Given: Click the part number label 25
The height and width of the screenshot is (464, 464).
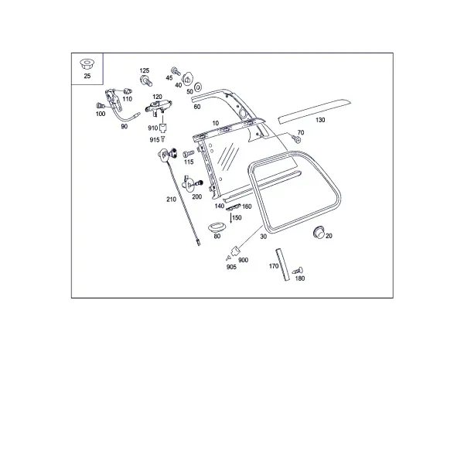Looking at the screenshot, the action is pyautogui.click(x=87, y=76).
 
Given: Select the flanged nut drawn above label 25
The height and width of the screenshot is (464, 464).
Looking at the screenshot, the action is pyautogui.click(x=87, y=63).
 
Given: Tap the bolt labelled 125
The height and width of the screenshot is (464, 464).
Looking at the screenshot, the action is pyautogui.click(x=146, y=80).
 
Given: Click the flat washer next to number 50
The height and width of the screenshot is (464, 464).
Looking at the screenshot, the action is pyautogui.click(x=198, y=87).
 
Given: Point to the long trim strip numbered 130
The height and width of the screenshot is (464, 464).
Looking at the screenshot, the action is pyautogui.click(x=314, y=111).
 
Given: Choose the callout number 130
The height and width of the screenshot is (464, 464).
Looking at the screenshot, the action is pyautogui.click(x=320, y=120).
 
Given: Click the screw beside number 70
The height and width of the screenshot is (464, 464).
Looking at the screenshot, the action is pyautogui.click(x=296, y=138).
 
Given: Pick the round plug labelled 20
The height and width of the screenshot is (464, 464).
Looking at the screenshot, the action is pyautogui.click(x=319, y=232).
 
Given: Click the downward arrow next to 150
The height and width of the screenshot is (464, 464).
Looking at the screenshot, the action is pyautogui.click(x=230, y=218).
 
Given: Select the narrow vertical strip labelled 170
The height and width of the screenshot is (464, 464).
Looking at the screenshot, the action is pyautogui.click(x=282, y=264).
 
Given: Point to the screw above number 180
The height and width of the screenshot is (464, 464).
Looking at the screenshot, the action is pyautogui.click(x=298, y=271).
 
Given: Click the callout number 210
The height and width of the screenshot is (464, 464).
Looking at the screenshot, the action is pyautogui.click(x=171, y=200).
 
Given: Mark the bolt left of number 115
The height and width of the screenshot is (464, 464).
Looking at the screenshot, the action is pyautogui.click(x=188, y=153).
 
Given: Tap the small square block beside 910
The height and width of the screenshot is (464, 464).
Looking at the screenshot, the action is pyautogui.click(x=163, y=128).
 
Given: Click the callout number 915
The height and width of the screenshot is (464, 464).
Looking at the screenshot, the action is pyautogui.click(x=155, y=140).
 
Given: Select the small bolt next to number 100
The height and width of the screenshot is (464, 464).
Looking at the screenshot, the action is pyautogui.click(x=100, y=105).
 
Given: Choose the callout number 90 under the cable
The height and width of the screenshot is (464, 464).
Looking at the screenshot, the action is pyautogui.click(x=125, y=126).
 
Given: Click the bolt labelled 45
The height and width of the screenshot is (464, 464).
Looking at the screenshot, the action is pyautogui.click(x=176, y=71).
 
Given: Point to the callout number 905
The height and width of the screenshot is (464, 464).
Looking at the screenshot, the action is pyautogui.click(x=231, y=267).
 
